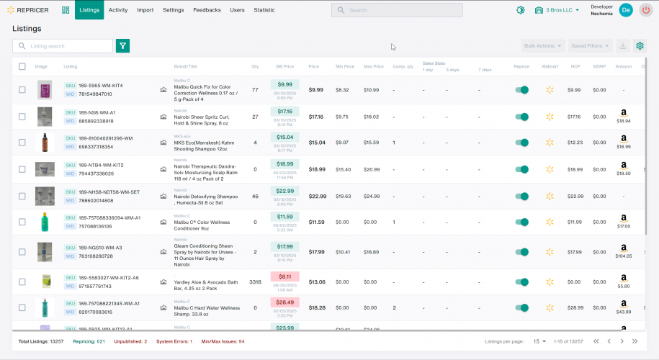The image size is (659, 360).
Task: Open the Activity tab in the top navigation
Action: (118, 10)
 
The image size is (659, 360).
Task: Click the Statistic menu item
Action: (264, 10)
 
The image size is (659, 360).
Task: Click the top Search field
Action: (397, 10)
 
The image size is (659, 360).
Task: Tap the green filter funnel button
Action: (123, 46)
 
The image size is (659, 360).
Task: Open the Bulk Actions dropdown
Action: (542, 46)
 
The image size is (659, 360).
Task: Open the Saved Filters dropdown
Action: (591, 46)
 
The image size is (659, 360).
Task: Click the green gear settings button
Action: (640, 46)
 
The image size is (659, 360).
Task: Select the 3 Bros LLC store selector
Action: (557, 10)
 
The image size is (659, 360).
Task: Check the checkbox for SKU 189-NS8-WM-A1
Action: (22, 117)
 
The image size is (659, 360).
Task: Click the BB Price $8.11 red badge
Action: (284, 276)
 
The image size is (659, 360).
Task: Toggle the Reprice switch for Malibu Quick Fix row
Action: (522, 90)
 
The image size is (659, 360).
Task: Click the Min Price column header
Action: (345, 66)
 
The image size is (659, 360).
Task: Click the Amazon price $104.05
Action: (624, 256)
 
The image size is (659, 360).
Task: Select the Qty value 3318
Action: (255, 282)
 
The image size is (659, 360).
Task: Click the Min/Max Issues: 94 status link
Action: (223, 341)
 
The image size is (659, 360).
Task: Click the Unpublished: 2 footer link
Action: (130, 341)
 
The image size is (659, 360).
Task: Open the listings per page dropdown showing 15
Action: (539, 341)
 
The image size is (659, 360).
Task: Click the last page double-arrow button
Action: (635, 341)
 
